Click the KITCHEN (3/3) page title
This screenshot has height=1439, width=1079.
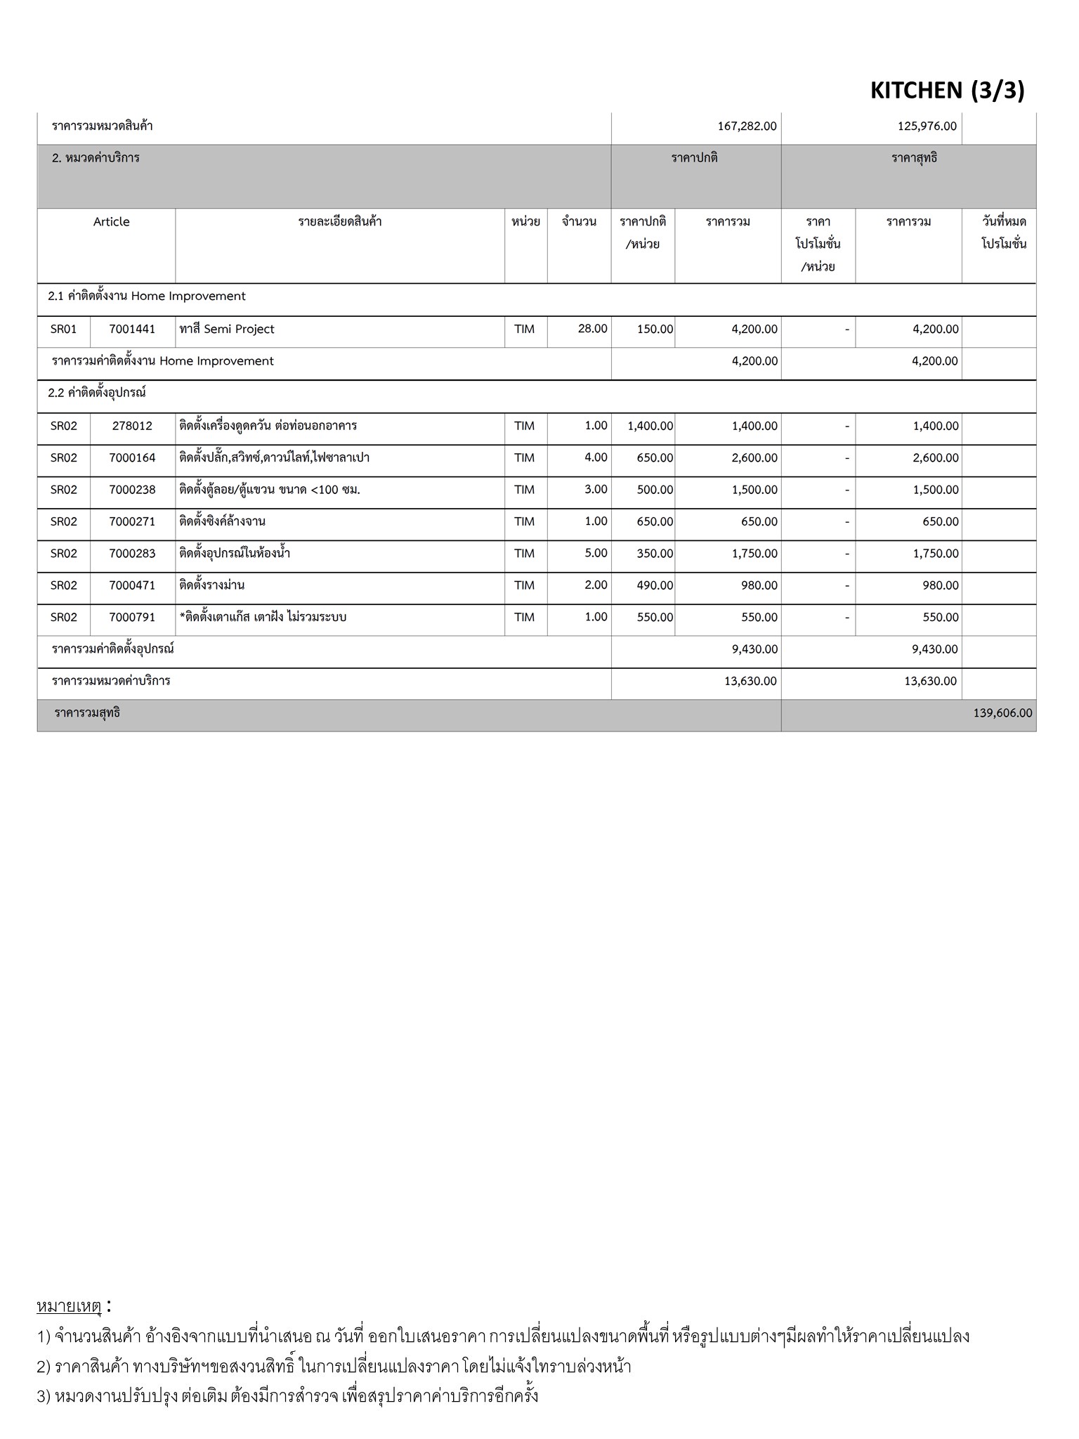[x=947, y=90]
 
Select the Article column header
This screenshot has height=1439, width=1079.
[x=111, y=222]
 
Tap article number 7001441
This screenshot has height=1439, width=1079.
[x=132, y=329]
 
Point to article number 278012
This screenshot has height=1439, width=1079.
[x=132, y=426]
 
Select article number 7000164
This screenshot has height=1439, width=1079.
[x=132, y=457]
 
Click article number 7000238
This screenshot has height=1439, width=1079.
[x=132, y=490]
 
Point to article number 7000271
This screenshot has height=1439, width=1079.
[x=132, y=521]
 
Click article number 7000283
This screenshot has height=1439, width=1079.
[x=132, y=553]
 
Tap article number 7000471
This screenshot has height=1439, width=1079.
[x=132, y=585]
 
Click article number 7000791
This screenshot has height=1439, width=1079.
[x=132, y=617]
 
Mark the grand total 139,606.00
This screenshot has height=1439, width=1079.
[x=1002, y=713]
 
